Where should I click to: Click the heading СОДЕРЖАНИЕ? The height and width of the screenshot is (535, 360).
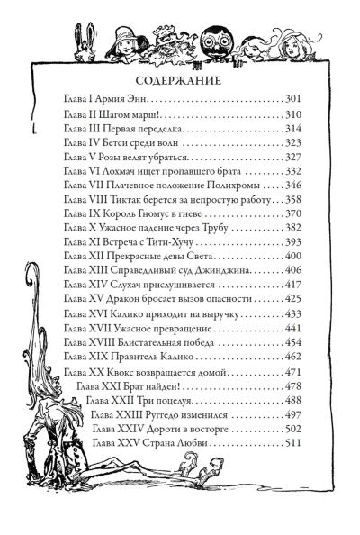pos(178,81)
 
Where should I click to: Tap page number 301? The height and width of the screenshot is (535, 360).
pos(293,99)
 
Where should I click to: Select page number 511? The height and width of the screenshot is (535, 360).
pos(293,443)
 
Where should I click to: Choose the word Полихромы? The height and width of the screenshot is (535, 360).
pos(233,186)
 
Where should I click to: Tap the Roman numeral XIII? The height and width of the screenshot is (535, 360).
pos(98,270)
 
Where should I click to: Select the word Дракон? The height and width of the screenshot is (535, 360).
pos(121,298)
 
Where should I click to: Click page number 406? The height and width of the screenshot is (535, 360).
pos(293,270)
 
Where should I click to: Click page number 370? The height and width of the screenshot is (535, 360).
pos(293,214)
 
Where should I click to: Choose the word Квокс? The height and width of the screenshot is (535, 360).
pos(121,372)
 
